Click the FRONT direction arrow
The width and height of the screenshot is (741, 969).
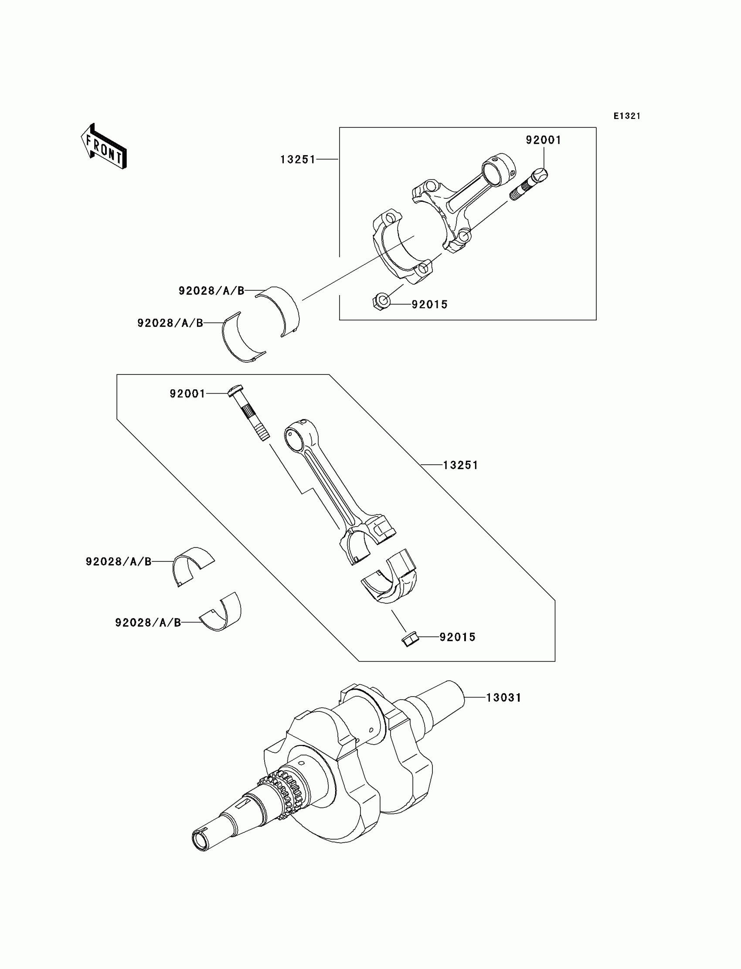(104, 147)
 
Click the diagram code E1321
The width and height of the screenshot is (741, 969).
(627, 116)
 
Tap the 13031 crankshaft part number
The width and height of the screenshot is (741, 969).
(504, 698)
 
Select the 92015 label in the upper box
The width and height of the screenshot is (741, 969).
(430, 304)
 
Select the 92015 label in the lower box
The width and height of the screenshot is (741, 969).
(457, 637)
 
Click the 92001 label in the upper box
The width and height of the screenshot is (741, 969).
(544, 140)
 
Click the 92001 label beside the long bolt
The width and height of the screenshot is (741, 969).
(187, 394)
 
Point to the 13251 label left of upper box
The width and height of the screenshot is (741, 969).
(298, 159)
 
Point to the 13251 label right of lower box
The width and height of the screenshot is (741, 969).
(460, 465)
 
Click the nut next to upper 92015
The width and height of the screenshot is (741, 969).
(381, 302)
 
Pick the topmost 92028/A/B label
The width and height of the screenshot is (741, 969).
(211, 291)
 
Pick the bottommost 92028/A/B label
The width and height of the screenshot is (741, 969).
(148, 622)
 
